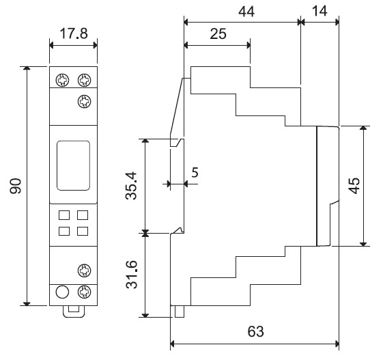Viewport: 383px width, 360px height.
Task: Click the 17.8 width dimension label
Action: click(74, 33)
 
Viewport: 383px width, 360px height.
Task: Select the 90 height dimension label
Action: click(16, 186)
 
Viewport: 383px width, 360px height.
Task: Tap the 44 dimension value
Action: click(246, 11)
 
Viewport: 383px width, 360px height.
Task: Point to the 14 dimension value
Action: click(320, 11)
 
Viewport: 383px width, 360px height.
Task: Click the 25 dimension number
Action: click(218, 33)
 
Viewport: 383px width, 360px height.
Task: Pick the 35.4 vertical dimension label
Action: click(131, 186)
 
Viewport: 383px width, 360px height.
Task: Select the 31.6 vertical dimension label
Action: click(131, 275)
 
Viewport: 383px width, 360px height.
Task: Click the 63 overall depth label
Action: click(256, 331)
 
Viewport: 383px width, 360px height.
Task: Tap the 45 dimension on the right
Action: click(354, 186)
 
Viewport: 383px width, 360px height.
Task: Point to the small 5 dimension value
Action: click(195, 173)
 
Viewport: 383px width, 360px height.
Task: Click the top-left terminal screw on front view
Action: click(62, 80)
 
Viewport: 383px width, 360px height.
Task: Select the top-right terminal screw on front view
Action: click(84, 80)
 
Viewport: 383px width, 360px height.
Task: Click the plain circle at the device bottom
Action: click(62, 292)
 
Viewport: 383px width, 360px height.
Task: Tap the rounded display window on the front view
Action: click(73, 165)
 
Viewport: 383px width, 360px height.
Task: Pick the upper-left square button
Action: click(64, 215)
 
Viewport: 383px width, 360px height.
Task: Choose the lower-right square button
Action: click(83, 231)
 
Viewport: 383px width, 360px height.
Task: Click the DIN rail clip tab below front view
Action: click(74, 311)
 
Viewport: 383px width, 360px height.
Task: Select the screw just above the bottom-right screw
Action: click(84, 271)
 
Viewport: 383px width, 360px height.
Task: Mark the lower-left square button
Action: click(64, 231)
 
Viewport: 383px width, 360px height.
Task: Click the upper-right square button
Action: click(83, 215)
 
